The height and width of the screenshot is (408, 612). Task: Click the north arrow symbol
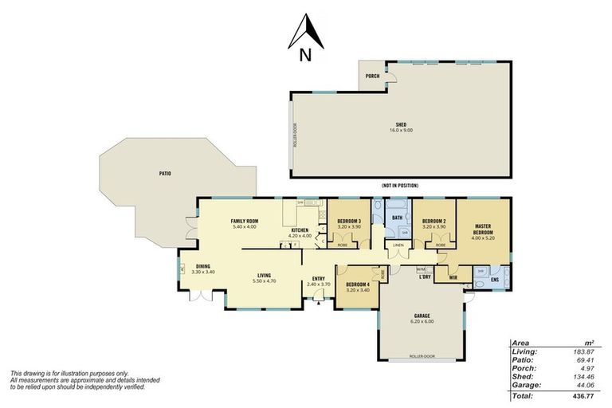(304, 33)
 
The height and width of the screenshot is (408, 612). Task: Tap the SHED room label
(403, 125)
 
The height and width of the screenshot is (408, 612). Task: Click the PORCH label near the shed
(371, 76)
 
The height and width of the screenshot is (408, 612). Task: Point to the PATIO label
(164, 173)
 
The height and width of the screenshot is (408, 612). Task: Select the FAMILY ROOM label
(245, 221)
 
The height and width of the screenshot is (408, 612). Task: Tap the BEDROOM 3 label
(349, 221)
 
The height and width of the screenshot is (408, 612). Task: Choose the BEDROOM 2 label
(433, 221)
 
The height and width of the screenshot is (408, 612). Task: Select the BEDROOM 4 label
(358, 284)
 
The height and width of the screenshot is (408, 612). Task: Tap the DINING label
(203, 267)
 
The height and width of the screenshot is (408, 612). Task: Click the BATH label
(397, 217)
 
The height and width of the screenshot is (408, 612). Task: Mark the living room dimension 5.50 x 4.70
(263, 281)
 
